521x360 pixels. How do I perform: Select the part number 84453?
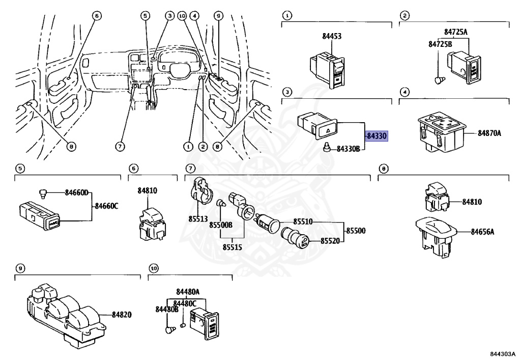[332, 36]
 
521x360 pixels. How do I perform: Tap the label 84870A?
[489, 133]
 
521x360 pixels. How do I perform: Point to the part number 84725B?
[440, 44]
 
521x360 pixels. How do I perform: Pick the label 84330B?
[348, 149]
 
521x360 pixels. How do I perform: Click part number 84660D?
[76, 192]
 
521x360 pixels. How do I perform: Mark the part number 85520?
[330, 241]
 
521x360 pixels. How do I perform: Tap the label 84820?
[121, 315]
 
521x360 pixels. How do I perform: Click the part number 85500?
[356, 231]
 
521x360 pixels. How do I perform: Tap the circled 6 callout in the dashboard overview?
[96, 15]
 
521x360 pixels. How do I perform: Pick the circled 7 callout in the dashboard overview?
[120, 147]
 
